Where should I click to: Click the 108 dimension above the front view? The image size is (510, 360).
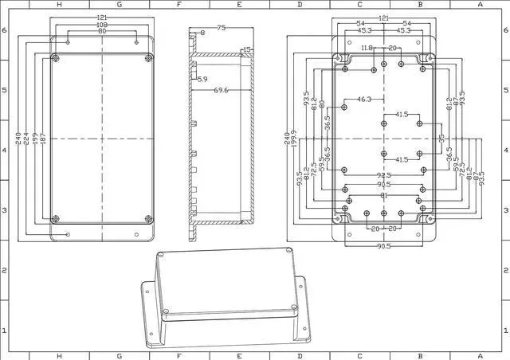coord(102,25)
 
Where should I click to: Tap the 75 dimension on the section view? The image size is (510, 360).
coord(221,28)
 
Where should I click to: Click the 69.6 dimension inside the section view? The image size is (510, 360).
coord(221,91)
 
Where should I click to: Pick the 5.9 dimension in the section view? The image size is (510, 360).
coord(202,80)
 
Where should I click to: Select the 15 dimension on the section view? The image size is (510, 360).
coord(246,49)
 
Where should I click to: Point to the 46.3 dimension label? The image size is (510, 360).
coord(363,100)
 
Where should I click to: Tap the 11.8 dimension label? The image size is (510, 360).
coord(366,49)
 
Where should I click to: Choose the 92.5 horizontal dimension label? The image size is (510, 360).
coord(384,175)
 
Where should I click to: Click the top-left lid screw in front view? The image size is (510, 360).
coord(55,60)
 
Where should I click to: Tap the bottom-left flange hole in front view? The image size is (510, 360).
coord(69,234)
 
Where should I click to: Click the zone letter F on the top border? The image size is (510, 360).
coord(178,5)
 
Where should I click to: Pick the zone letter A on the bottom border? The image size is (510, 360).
coord(479,355)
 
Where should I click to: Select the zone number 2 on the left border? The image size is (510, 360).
coord(4,270)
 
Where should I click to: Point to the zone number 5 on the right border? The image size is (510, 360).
coord(505,90)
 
